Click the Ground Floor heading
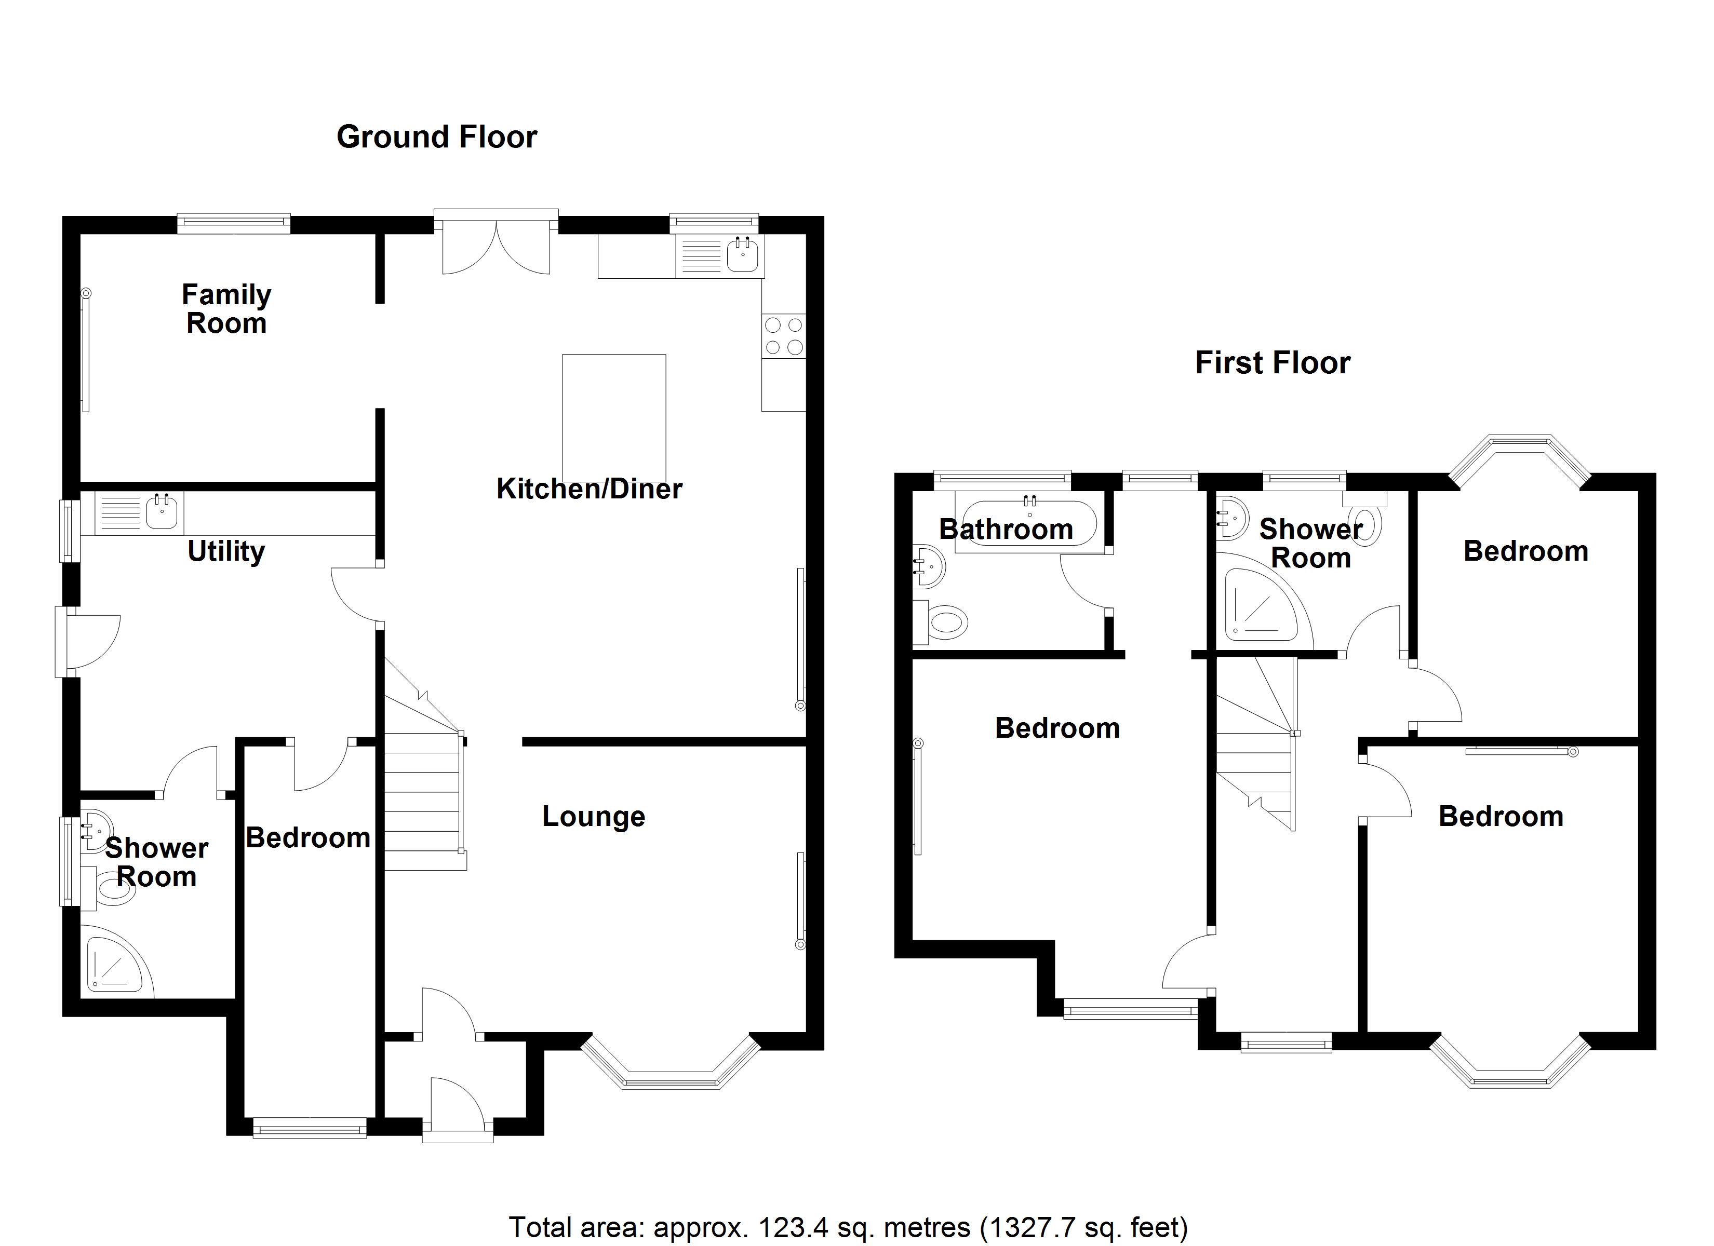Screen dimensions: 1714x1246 coord(437,137)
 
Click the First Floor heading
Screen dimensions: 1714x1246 coord(1273,363)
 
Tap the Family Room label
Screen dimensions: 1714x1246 coord(227,309)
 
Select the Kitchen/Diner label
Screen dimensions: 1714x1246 coord(590,489)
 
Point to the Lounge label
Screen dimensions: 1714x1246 coord(594,816)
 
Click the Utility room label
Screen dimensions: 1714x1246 coord(226,551)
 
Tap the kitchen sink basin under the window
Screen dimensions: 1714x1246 coord(742,254)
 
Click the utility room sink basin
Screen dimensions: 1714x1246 coord(163,511)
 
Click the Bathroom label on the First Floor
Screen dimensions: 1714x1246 coord(1006,530)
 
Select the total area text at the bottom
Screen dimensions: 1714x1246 coord(848,1227)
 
